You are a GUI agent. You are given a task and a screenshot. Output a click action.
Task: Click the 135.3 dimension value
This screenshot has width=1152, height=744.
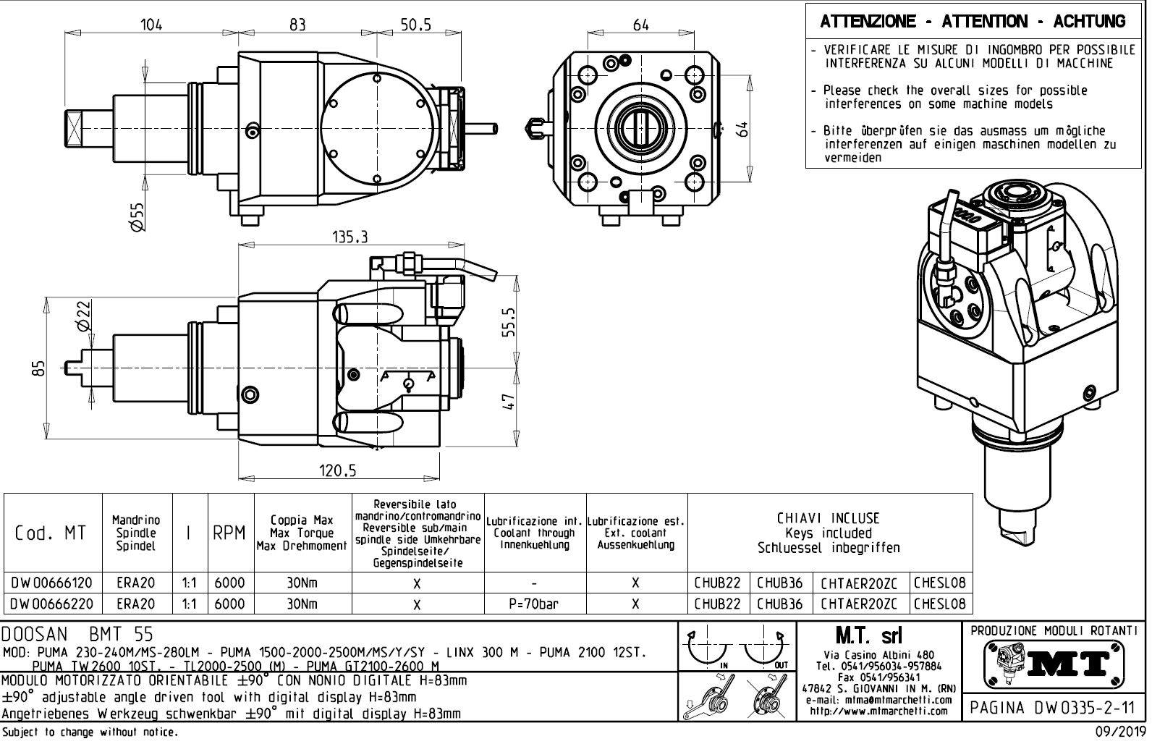coord(350,237)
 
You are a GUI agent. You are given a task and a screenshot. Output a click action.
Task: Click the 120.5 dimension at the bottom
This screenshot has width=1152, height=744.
coord(338,471)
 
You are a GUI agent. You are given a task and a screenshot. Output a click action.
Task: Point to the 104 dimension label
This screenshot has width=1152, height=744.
coord(151,24)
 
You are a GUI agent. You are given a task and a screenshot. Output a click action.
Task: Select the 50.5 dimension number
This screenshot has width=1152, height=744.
coord(415,24)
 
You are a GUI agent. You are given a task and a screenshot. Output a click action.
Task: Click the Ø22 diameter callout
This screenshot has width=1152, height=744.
coord(85,316)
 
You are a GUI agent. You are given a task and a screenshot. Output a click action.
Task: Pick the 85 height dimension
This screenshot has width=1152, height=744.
coord(41,368)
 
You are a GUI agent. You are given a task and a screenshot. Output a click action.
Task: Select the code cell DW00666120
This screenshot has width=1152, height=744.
coord(52,583)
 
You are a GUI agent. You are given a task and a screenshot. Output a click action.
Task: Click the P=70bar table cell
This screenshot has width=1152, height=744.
coord(534,604)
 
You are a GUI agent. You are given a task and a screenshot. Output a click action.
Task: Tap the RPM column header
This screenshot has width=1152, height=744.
coord(230,534)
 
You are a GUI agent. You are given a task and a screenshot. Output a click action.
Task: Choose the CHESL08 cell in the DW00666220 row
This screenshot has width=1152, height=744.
coord(940,604)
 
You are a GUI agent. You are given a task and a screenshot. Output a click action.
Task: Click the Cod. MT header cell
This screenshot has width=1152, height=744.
coord(52,534)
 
